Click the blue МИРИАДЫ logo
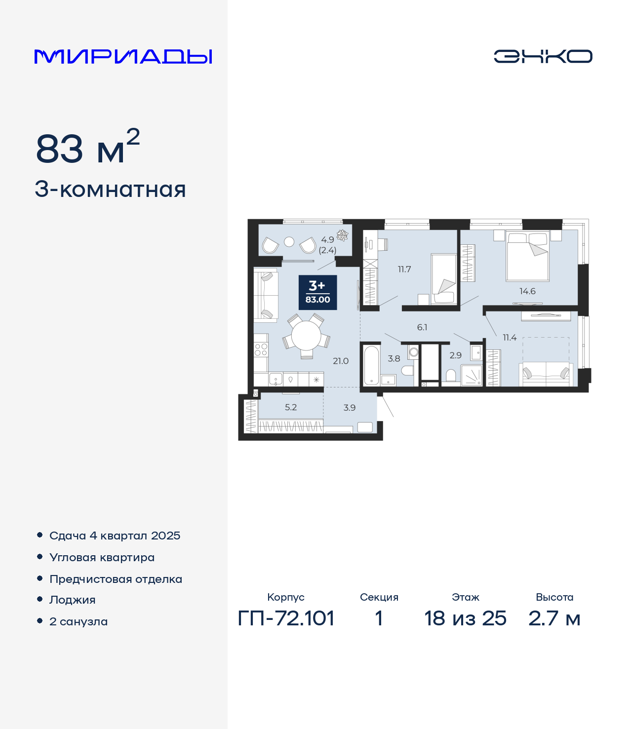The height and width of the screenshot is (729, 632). coord(123,56)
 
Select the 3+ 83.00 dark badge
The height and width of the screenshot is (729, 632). coord(317,292)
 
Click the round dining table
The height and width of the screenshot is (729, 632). coord(306,336)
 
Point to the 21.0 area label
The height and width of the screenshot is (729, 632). coord(341,361)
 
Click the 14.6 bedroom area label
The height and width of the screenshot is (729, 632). coord(527,291)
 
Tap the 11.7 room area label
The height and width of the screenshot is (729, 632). coord(404,269)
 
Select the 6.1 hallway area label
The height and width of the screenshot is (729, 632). coord(422,327)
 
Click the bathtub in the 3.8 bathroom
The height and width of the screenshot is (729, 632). coord(371,365)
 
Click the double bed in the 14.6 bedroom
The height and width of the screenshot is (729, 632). coord(527,256)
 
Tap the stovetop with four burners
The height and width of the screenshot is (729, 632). coord(261,349)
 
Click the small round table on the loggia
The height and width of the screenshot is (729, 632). coord(289,241)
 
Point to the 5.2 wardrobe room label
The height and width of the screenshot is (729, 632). coord(291,407)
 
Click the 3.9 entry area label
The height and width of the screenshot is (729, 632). coord(350,407)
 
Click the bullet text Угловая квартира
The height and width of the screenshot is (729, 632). coord(102,557)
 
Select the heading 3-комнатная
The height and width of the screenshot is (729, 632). coord(110,189)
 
